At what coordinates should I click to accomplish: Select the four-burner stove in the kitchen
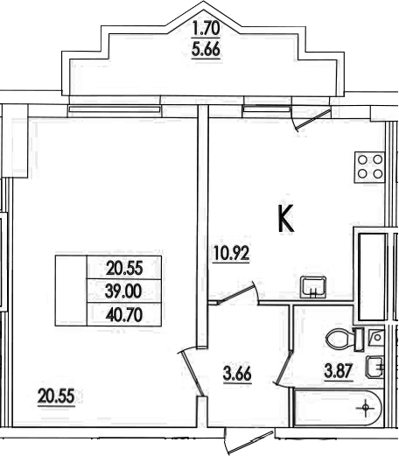click(367, 165)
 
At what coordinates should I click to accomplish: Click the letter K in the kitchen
click(284, 219)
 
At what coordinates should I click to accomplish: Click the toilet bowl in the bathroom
click(336, 337)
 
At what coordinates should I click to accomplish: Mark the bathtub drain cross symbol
click(364, 406)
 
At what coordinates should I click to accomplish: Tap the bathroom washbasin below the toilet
click(374, 367)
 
